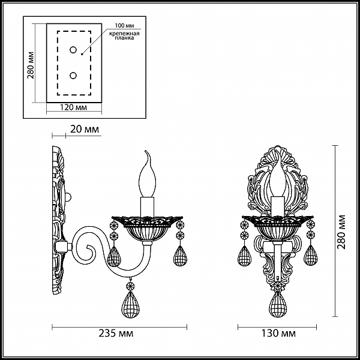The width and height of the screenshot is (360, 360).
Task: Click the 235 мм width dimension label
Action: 116,333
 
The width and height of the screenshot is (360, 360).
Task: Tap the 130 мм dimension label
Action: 278,333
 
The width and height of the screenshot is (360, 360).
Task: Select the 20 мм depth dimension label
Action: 85,129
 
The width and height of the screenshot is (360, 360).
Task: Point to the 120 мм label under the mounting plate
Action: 73,107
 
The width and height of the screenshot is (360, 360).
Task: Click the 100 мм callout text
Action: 124,25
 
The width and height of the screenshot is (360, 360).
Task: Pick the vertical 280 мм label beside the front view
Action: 341,232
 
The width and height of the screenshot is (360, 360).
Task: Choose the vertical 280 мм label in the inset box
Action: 31,65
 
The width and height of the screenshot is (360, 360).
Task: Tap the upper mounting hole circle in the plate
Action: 73,50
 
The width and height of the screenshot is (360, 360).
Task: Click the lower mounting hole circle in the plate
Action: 73,76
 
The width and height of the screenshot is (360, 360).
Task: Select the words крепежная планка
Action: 124,35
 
